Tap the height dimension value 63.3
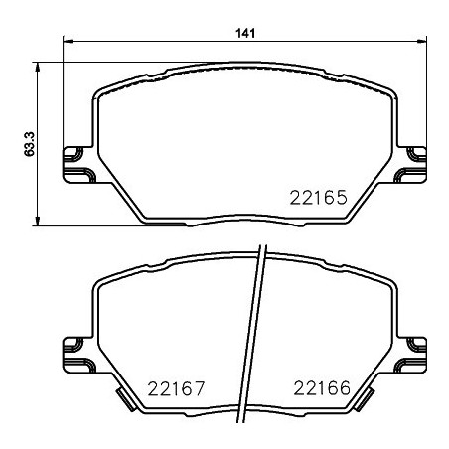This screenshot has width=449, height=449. coord(31,143)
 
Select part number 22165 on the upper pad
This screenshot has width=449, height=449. coord(318,197)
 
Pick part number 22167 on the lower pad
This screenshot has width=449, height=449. coord(177,387)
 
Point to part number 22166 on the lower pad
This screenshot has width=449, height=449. coord(318,387)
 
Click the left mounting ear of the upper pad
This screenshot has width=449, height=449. coord(75,159)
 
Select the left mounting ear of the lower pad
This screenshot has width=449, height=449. coord(75,348)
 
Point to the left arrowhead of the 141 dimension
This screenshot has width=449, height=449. coord(68,42)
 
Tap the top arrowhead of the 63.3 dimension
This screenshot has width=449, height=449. coord(39,66)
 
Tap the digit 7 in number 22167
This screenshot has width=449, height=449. coord(200,387)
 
